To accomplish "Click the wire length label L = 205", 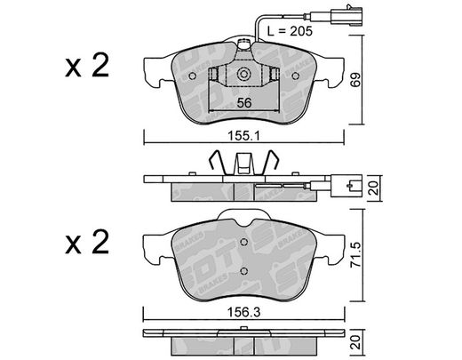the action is [x=290, y=31].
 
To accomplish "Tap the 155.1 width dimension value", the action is [x=243, y=136].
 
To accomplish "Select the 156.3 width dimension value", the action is [x=243, y=312].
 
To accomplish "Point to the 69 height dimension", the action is [x=356, y=79].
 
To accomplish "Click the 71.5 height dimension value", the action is [x=356, y=255].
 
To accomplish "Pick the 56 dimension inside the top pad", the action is [x=244, y=103].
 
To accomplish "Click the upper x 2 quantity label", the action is [x=87, y=66].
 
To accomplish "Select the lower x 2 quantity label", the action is [x=87, y=242].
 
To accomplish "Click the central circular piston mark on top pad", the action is [x=243, y=75].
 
